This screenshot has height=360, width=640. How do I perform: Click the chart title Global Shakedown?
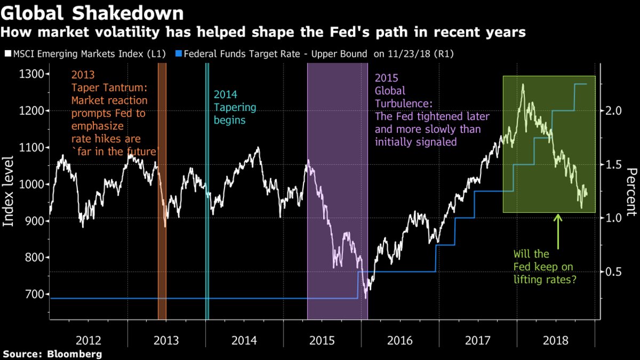tap(93, 12)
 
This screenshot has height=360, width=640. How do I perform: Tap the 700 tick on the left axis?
tap(35, 294)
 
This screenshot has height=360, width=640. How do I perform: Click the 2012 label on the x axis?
tap(89, 340)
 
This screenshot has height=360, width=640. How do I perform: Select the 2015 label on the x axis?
tap(323, 340)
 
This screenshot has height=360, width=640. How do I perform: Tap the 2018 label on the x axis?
tap(556, 340)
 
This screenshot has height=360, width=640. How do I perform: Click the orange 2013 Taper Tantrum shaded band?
tap(162, 213)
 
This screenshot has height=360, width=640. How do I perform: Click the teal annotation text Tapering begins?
tap(235, 114)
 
